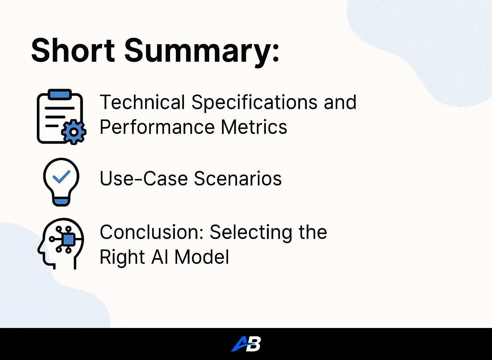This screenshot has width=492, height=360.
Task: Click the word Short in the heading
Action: click(x=73, y=50)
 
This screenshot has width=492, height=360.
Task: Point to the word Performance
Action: click(x=157, y=127)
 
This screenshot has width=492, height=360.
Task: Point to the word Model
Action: click(x=201, y=257)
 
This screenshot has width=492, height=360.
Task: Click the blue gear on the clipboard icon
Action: click(x=74, y=132)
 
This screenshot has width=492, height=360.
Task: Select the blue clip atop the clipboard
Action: click(x=60, y=94)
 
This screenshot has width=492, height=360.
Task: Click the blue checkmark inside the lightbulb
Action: click(x=61, y=176)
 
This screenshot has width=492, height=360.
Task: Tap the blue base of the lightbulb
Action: click(x=61, y=201)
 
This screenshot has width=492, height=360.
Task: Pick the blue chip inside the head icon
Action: click(x=69, y=240)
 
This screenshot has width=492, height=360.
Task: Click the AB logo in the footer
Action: click(x=246, y=344)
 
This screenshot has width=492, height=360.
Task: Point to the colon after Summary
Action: click(x=276, y=52)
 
